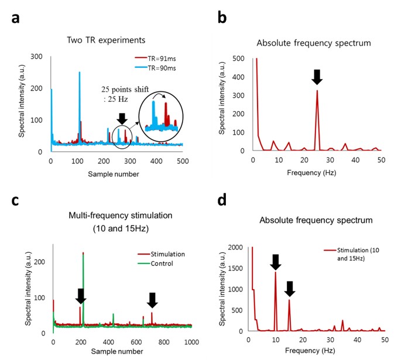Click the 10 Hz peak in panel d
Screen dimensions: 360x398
tap(276, 273)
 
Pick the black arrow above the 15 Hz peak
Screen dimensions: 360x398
tap(289, 288)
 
